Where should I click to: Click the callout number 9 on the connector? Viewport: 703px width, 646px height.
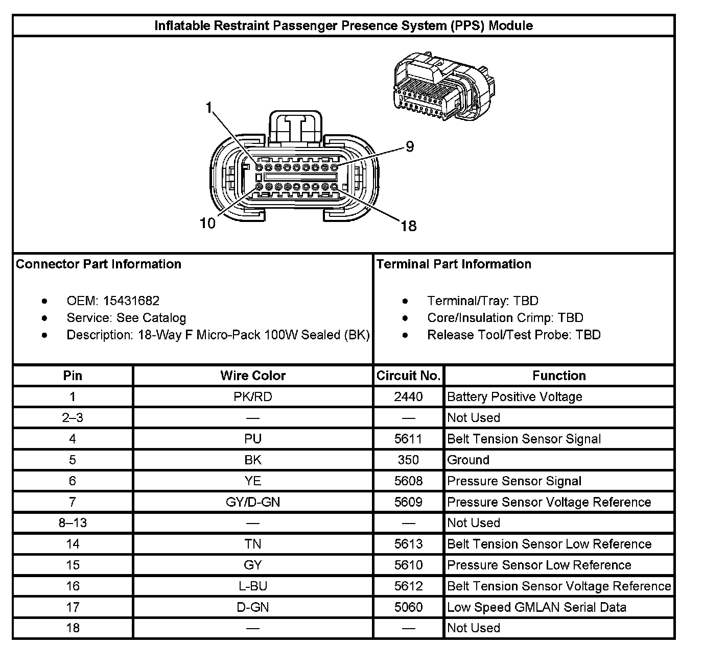tap(409, 147)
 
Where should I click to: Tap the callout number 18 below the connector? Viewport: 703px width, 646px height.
tap(408, 226)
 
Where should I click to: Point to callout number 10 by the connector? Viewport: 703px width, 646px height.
tap(207, 223)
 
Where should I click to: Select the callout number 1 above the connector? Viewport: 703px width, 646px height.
tap(208, 107)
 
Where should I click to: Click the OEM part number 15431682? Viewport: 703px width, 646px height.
tap(131, 301)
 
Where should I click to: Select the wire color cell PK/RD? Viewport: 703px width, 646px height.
tap(253, 396)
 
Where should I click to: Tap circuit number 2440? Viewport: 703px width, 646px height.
tap(408, 396)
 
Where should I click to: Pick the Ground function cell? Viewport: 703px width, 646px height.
tap(468, 460)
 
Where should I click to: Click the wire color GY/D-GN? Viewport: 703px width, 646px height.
tap(253, 502)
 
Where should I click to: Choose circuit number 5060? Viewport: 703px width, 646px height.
tap(408, 607)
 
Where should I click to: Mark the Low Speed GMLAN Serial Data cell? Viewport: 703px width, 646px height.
tap(536, 607)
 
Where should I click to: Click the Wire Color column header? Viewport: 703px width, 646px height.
tap(253, 376)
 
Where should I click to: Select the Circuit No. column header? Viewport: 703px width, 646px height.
tap(408, 376)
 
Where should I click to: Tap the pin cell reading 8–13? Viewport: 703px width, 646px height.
tap(73, 523)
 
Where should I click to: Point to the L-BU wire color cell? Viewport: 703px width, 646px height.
tap(253, 586)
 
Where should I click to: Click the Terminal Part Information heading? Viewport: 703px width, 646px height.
tap(454, 264)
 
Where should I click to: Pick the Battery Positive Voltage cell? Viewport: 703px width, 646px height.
tap(514, 396)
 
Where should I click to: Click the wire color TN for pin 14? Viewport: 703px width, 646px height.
tap(253, 544)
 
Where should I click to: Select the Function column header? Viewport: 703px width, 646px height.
tap(559, 376)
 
